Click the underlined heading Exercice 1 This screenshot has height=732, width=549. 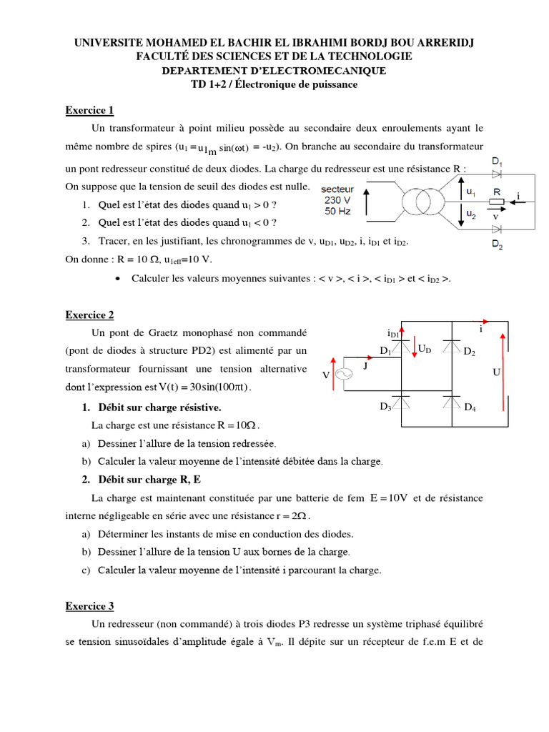click(89, 110)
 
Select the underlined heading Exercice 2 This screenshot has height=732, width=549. click(89, 315)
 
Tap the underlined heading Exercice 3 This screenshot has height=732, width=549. click(89, 606)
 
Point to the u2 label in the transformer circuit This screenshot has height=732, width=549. click(470, 214)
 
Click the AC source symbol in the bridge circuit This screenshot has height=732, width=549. click(342, 374)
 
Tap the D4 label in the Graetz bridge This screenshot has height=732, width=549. click(470, 407)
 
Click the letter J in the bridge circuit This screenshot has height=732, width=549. click(365, 365)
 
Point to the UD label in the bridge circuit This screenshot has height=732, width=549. click(425, 349)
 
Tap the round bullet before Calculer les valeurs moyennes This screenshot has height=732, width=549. click(117, 278)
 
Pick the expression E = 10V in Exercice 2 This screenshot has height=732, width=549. click(393, 498)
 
